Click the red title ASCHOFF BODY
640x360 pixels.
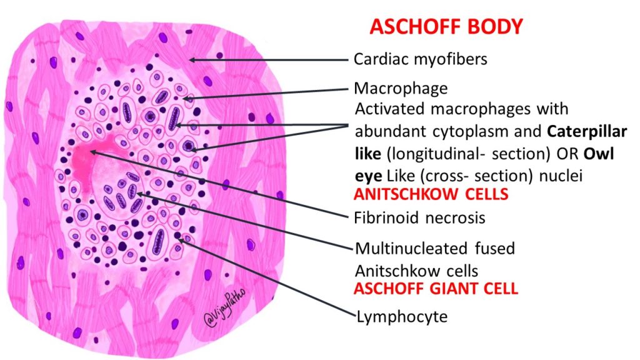(446, 27)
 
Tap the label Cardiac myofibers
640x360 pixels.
(420, 59)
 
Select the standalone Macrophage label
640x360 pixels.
(401, 89)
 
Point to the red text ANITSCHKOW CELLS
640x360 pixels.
(431, 194)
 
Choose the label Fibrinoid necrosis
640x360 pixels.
(419, 219)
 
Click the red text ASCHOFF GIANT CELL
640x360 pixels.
(436, 290)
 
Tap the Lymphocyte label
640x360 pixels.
(402, 317)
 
